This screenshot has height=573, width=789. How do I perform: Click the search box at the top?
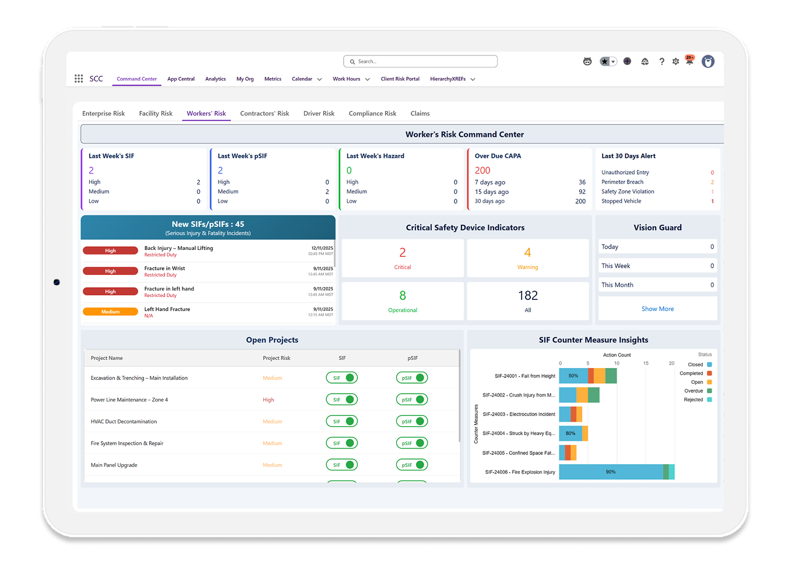click(x=420, y=61)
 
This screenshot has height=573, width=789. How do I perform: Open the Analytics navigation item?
click(x=215, y=79)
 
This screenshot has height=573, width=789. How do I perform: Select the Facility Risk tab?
click(x=156, y=114)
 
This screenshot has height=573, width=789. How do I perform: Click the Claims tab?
click(x=420, y=114)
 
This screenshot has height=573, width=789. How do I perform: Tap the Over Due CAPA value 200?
click(x=482, y=171)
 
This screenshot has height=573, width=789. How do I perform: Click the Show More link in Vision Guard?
click(x=657, y=309)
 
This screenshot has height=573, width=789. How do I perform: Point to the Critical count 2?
click(x=402, y=253)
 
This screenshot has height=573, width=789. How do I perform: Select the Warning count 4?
click(x=527, y=253)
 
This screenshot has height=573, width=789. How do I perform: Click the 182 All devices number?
click(x=528, y=296)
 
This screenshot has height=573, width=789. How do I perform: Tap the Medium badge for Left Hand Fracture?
click(x=110, y=312)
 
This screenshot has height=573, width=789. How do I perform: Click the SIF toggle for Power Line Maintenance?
click(x=342, y=400)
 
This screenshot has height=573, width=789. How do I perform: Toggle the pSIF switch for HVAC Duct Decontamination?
click(x=412, y=422)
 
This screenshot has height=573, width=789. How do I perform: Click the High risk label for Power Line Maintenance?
click(x=268, y=400)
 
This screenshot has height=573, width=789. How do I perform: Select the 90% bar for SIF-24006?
click(x=611, y=472)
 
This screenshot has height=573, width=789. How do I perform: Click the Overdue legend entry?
click(x=693, y=391)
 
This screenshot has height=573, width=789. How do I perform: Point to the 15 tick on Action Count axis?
click(x=646, y=363)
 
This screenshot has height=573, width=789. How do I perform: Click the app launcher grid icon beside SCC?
click(x=79, y=79)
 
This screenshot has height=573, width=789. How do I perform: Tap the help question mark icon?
click(x=661, y=62)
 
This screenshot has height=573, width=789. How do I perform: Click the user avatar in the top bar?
click(x=708, y=62)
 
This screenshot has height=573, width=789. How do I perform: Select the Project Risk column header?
click(x=276, y=358)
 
